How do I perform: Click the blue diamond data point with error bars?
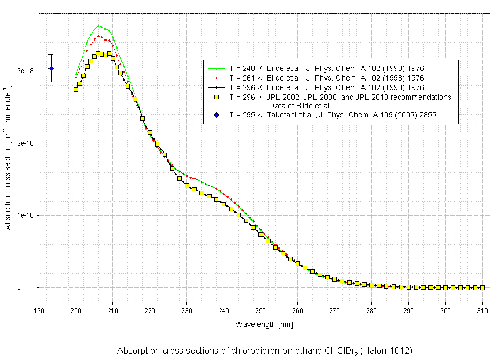(x=51, y=68)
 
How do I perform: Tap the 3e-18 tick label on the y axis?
(x=25, y=71)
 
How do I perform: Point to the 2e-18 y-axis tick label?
(x=25, y=143)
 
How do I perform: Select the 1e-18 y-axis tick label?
(x=25, y=215)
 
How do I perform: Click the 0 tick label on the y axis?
(x=33, y=288)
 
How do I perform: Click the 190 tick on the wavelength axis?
(x=39, y=310)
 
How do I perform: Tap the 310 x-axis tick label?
(x=482, y=310)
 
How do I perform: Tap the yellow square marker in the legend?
(x=217, y=97)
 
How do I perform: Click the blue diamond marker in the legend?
(x=217, y=115)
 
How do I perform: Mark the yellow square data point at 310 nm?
(x=482, y=287)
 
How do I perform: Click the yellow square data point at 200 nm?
(x=76, y=89)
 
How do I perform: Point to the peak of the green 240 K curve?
(x=99, y=26)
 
